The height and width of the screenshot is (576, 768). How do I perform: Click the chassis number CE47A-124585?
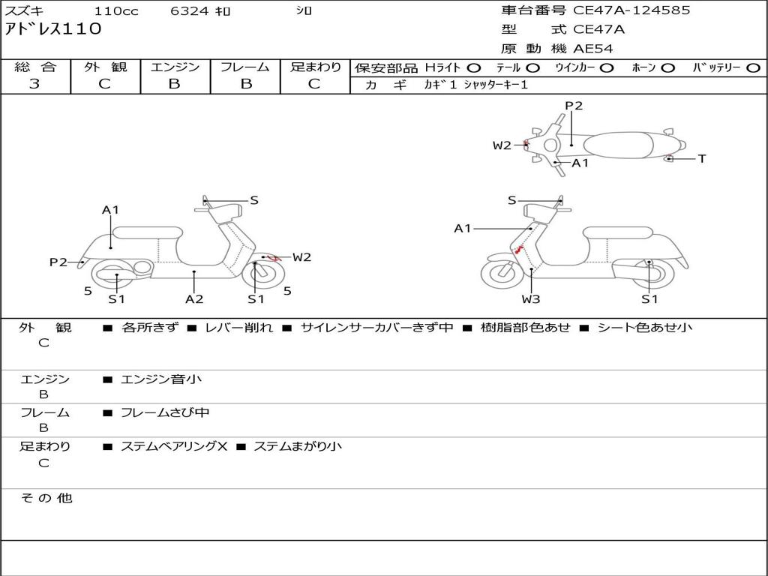[631, 10]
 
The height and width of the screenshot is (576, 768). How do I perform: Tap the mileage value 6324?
[190, 10]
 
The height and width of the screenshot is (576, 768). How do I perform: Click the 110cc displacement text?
[116, 10]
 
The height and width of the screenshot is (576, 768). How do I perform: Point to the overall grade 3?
[34, 84]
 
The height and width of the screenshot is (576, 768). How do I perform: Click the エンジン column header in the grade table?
[175, 67]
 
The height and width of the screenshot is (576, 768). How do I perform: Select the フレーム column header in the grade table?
[245, 67]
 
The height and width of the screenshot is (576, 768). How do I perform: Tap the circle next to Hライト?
[474, 68]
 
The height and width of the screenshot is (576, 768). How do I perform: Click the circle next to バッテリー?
[753, 68]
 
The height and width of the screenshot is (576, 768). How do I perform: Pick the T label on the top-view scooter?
[702, 159]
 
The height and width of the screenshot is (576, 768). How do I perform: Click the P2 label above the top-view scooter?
[574, 106]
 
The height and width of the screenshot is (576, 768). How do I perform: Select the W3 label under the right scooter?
[531, 298]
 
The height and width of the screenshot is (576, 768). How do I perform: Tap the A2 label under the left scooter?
[194, 298]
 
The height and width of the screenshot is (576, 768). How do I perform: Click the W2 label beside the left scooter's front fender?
[301, 257]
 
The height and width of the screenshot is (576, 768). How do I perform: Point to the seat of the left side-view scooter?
[148, 232]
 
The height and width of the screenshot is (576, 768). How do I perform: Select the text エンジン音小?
[161, 379]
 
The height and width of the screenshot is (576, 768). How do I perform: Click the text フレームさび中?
[165, 413]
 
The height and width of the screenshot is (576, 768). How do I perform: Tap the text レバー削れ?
[239, 328]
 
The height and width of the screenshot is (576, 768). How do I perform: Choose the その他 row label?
[46, 498]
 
